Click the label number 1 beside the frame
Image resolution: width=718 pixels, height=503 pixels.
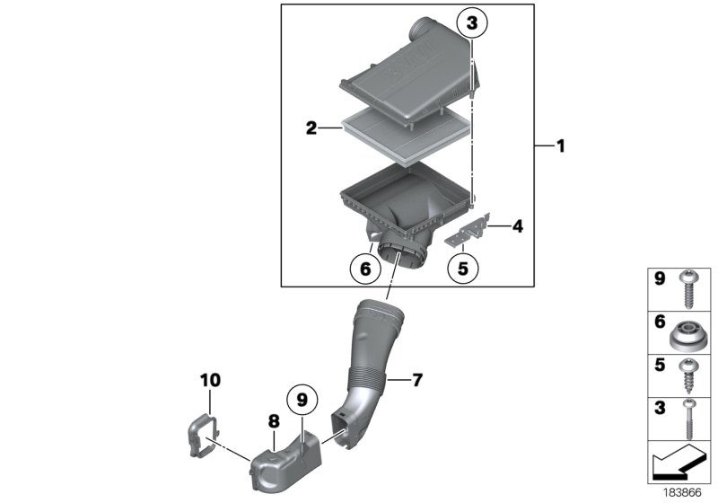(x=561, y=146)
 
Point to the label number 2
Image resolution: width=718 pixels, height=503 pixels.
(x=311, y=128)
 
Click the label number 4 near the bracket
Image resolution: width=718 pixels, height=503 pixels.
(x=517, y=227)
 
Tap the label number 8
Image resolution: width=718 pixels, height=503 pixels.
(x=274, y=420)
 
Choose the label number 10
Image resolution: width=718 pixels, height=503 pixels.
(x=208, y=381)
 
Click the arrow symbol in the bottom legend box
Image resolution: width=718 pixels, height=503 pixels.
(x=679, y=463)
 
